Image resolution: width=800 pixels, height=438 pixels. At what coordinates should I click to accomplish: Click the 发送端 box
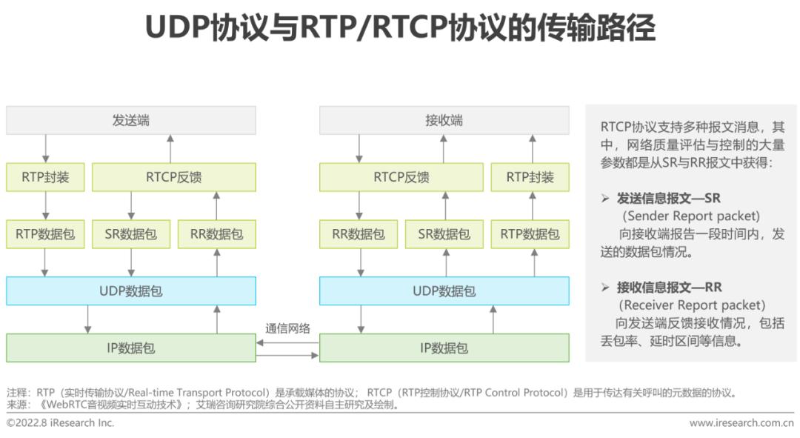click(131, 121)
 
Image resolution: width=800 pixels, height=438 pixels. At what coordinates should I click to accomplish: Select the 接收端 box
click(444, 121)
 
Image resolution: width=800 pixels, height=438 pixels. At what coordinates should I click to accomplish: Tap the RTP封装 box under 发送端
click(45, 177)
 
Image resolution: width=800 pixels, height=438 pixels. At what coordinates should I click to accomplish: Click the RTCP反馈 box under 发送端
click(174, 177)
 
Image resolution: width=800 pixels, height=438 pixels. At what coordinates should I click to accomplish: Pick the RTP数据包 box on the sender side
click(45, 234)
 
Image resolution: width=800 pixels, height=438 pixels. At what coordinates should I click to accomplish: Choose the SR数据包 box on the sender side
click(131, 234)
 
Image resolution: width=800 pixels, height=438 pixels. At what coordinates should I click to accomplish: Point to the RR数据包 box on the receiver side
click(359, 234)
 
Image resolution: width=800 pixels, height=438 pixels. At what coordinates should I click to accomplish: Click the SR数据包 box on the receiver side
click(444, 234)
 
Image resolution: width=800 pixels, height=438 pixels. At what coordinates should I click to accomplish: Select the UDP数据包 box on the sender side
click(131, 291)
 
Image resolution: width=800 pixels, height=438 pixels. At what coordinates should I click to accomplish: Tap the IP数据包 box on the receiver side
click(444, 348)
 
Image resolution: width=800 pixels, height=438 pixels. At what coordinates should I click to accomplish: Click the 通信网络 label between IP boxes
click(287, 328)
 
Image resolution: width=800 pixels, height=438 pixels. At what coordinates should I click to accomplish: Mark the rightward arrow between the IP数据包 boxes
click(287, 355)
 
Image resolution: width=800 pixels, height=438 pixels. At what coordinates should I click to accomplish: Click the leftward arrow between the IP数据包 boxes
click(287, 343)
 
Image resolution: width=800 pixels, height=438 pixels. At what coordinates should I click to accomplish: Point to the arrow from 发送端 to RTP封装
click(45, 148)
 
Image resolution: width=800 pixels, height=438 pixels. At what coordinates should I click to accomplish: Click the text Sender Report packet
click(691, 216)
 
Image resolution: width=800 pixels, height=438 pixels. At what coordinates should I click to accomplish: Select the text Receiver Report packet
click(692, 305)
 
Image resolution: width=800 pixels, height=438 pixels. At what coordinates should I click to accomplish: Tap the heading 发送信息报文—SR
click(668, 198)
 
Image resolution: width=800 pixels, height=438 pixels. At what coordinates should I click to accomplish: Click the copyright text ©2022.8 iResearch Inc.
click(60, 422)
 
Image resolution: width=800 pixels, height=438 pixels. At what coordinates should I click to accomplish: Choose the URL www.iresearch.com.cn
click(741, 422)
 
